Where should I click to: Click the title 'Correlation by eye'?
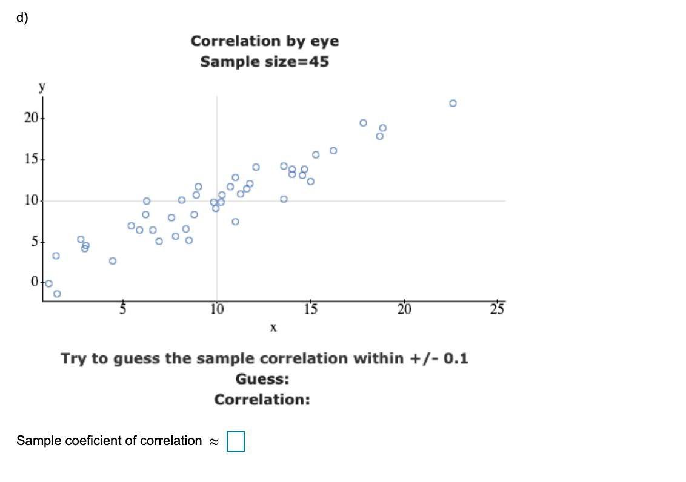265,41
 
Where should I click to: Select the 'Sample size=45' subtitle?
265,62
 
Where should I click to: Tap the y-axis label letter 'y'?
42,87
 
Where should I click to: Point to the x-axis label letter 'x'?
273,328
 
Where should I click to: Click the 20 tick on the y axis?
30,118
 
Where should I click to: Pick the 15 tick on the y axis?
30,160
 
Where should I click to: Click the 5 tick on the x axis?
123,310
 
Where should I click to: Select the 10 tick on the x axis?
217,310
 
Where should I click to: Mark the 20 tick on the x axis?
404,310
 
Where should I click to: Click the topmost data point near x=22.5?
453,103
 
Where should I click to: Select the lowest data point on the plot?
57,294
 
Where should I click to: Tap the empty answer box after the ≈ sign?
236,441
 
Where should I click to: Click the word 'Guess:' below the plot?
262,380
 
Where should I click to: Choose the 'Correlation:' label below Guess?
262,400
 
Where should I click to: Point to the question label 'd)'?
22,18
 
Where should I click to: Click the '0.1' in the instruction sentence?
456,358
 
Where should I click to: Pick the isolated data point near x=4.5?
113,261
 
